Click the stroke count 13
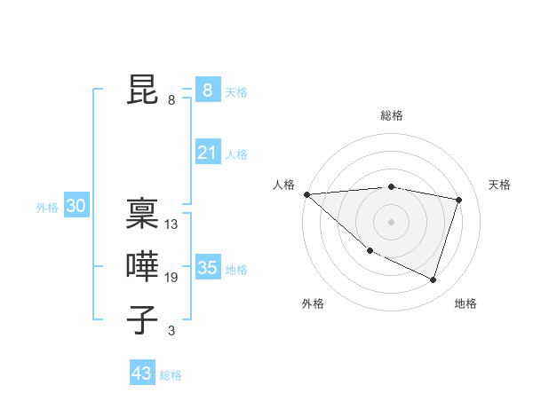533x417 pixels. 171,224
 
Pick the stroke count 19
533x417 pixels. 171,278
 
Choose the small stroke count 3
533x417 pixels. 171,331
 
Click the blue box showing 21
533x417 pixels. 207,153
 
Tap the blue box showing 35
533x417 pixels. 207,268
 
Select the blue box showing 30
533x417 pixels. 76,207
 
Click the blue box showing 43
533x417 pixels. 142,374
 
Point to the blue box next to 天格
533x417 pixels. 207,90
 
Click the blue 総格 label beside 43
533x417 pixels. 171,375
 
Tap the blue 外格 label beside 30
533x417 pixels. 47,208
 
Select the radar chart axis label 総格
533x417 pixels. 392,115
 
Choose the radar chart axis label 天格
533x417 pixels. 499,185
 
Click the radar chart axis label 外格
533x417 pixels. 313,303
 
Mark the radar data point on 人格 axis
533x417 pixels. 306,194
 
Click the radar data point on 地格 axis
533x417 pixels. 433,279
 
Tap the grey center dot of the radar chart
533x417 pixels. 392,222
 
